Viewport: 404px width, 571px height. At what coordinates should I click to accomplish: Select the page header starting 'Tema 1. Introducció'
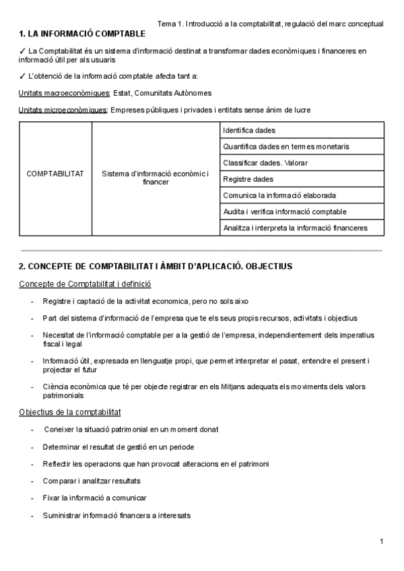click(x=270, y=24)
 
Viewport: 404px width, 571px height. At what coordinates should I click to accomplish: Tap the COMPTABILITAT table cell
click(x=55, y=174)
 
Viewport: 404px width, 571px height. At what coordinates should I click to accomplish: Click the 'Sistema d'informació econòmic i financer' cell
click(x=156, y=178)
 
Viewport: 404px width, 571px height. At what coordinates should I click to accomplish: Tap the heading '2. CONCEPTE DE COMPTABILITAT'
click(x=156, y=266)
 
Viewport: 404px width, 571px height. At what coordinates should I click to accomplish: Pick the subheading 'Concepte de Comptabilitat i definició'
click(x=85, y=284)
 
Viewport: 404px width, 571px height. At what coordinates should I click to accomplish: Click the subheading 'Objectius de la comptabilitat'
click(x=70, y=411)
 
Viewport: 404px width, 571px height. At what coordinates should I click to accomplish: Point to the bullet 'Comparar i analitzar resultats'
click(x=92, y=481)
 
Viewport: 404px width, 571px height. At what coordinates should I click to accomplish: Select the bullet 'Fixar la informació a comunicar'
click(x=94, y=498)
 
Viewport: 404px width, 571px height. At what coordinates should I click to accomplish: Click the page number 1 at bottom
click(x=381, y=541)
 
